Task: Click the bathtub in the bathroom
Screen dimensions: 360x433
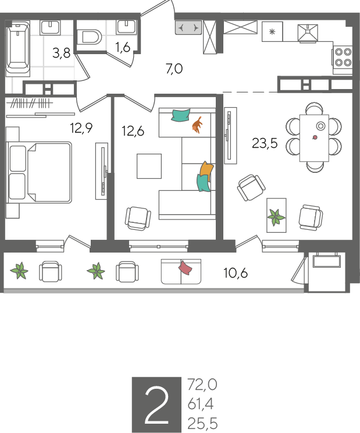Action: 18,49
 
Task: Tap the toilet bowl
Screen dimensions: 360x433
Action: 89,37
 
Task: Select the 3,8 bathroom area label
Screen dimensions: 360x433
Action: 62,53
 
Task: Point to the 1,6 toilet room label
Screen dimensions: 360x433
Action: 123,47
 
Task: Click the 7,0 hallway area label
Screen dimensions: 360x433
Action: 174,69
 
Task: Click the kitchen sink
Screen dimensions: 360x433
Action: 308,33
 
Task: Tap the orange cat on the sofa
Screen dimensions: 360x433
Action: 197,125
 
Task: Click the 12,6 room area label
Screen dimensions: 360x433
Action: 133,131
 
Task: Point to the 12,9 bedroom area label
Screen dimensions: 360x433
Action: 81,128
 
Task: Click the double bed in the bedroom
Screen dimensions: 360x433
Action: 39,173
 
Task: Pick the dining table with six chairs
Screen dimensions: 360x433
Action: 314,138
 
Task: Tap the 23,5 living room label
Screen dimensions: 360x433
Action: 265,143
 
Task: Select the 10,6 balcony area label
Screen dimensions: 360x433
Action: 236,273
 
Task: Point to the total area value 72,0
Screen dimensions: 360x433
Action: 202,385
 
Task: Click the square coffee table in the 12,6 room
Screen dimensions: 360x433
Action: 149,166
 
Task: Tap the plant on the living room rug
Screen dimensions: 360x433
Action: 276,217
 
